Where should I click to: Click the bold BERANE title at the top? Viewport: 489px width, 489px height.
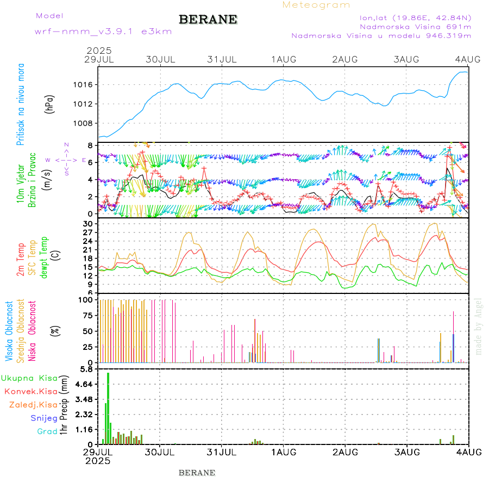coord(208,20)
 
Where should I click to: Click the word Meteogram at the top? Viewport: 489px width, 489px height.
coord(316,5)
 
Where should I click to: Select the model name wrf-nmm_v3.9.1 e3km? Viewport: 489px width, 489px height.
coord(103,32)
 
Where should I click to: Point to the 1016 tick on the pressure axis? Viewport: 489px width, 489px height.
coord(85,85)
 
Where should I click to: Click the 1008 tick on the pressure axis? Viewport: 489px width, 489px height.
coord(85,123)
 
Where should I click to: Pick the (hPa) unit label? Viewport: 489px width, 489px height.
coord(50,103)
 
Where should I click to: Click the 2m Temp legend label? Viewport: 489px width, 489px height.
coord(21,260)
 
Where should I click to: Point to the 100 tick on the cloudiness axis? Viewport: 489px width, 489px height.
coord(87,300)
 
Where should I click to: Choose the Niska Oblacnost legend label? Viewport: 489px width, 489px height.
coord(32,330)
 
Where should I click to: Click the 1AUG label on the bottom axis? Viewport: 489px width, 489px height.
coord(283,452)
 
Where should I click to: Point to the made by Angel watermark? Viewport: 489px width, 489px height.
coord(479,327)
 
